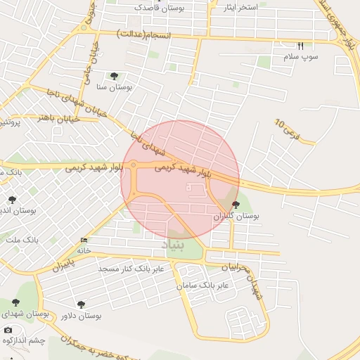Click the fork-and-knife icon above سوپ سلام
pos(300,46)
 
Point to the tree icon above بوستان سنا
pos(114,76)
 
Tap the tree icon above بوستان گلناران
pos(235,205)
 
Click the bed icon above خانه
pos(84,240)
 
